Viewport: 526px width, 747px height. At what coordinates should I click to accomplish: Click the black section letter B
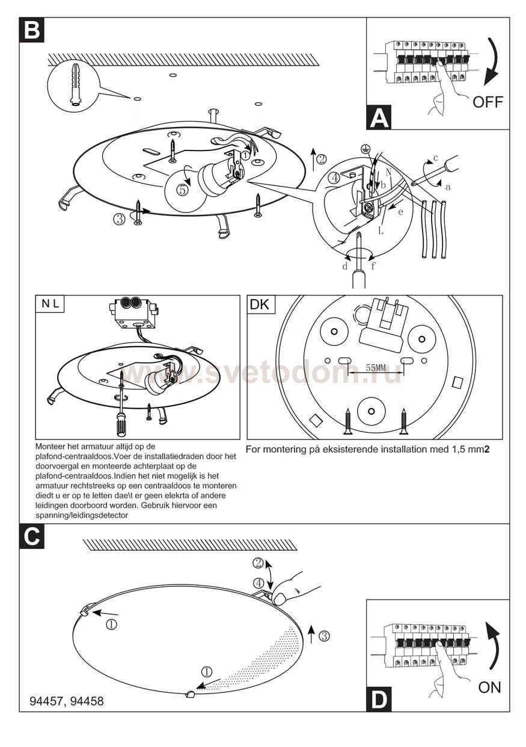31,30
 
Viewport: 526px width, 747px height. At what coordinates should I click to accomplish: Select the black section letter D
379,700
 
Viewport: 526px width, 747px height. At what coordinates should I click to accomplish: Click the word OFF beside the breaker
487,101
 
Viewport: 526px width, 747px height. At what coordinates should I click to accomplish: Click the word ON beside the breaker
489,687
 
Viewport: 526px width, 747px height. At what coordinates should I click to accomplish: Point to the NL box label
50,305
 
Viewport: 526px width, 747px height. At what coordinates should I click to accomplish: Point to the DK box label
260,305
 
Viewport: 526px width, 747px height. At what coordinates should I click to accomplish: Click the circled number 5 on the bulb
183,189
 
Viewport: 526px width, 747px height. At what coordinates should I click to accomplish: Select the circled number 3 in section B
119,219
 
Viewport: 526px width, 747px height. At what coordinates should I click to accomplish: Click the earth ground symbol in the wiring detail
363,147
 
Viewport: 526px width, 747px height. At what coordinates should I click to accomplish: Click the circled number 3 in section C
324,636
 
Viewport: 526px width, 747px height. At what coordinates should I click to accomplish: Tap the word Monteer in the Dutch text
52,447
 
